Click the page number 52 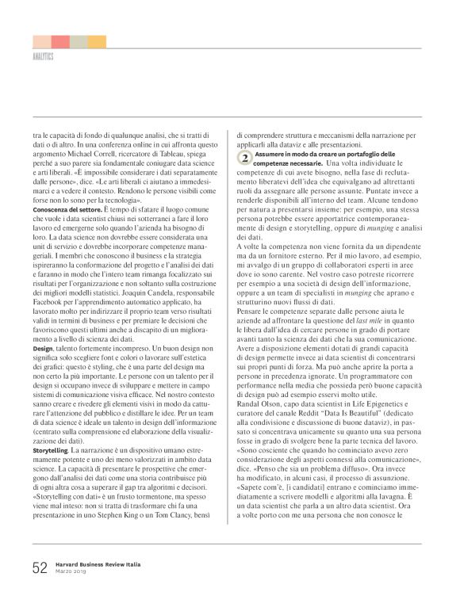[x=40, y=568]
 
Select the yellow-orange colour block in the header [x=97, y=41]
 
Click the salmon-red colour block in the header [x=60, y=41]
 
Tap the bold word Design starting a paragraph [x=43, y=349]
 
